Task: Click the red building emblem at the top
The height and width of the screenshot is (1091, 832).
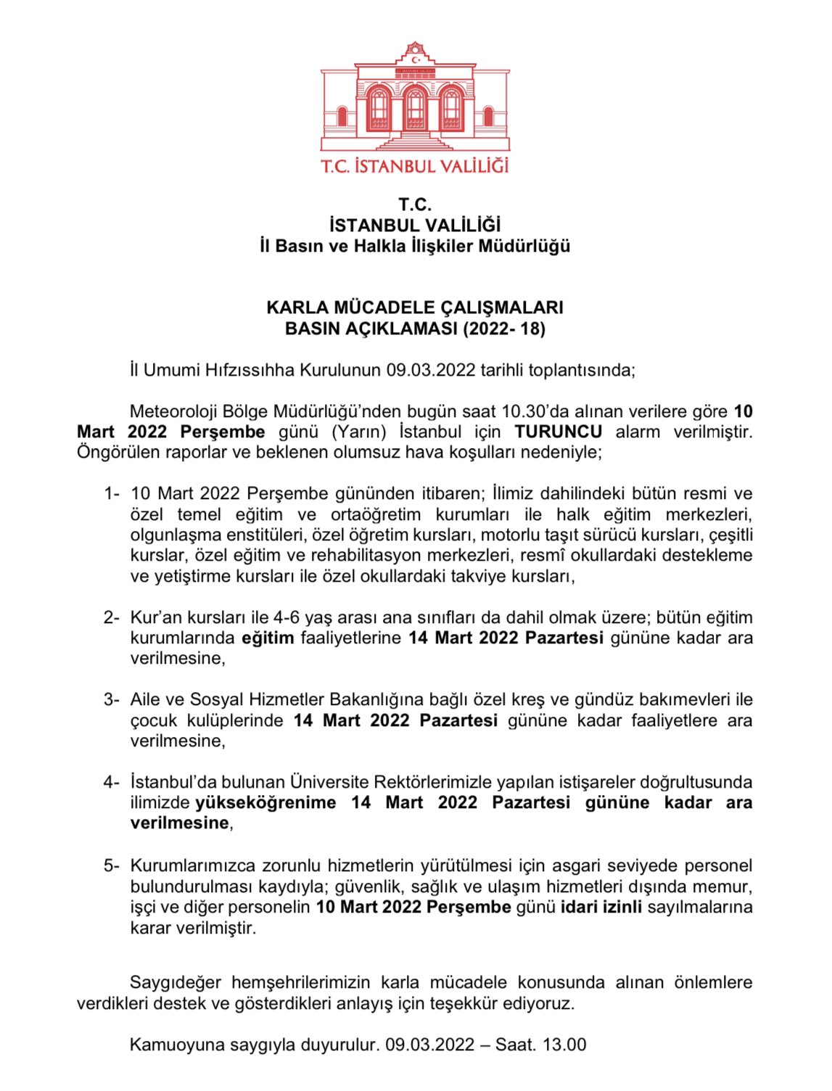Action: [x=415, y=98]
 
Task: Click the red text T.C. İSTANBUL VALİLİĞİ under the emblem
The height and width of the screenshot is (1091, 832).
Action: [x=415, y=166]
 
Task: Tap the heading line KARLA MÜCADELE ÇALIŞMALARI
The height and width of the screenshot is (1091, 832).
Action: [x=415, y=308]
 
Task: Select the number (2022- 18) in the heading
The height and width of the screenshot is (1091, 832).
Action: [x=504, y=329]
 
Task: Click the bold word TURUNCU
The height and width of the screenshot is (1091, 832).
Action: [x=558, y=432]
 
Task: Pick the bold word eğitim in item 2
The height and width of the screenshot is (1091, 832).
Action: [x=268, y=638]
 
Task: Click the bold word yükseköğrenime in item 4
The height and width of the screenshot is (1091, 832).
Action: [x=266, y=803]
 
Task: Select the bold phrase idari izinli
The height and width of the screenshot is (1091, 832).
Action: [x=601, y=907]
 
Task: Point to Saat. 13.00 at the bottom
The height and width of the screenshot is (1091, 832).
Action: [x=540, y=1045]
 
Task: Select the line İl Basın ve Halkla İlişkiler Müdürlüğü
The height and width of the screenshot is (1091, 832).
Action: [x=415, y=247]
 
